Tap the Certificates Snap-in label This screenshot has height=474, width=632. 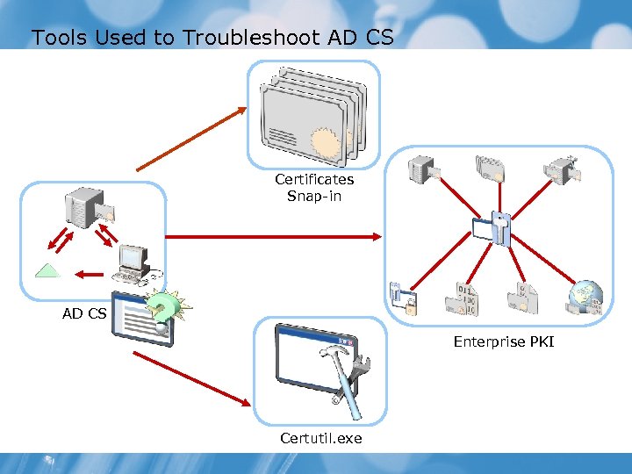point(314,187)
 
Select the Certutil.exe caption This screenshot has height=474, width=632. point(320,437)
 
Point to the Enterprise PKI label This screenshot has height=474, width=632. point(503,341)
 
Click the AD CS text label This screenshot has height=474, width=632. point(84,312)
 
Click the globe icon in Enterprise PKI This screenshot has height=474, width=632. point(584,298)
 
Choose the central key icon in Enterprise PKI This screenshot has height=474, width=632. point(499,227)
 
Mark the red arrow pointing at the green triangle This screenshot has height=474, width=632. point(89,274)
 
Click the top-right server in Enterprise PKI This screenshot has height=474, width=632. point(560,166)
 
